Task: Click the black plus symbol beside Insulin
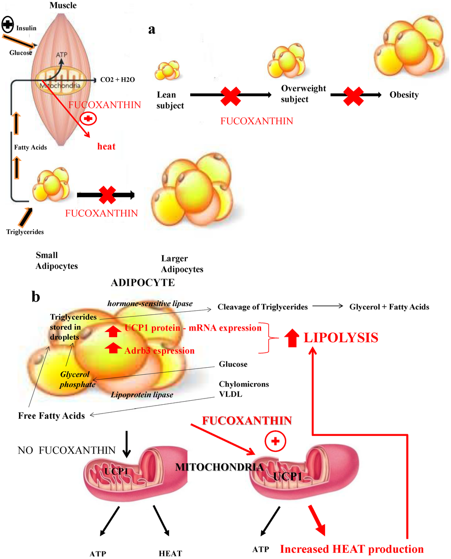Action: click(8, 25)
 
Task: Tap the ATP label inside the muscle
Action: click(62, 55)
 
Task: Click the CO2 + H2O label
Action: click(117, 80)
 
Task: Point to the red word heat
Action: click(106, 146)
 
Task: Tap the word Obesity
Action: click(404, 95)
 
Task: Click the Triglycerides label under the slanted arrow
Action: click(25, 232)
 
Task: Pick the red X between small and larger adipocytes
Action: click(107, 195)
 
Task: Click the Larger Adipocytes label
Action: click(182, 264)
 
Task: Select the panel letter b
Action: click(36, 297)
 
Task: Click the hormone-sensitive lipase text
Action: click(150, 303)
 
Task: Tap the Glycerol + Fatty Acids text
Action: click(389, 307)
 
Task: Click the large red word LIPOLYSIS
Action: click(341, 338)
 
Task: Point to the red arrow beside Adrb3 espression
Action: click(113, 348)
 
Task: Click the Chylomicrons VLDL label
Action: click(244, 389)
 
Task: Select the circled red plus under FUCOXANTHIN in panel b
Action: click(275, 441)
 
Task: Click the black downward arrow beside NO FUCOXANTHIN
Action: click(126, 446)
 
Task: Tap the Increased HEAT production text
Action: click(352, 549)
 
